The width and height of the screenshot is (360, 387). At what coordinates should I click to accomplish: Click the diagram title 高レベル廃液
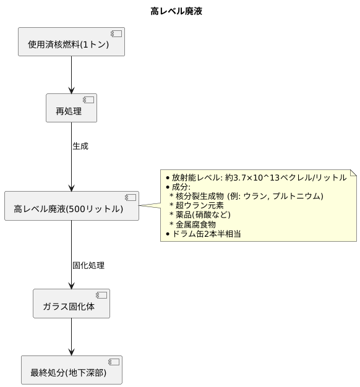pos(176,11)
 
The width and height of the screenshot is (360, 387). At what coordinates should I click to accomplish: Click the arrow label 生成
pos(80,147)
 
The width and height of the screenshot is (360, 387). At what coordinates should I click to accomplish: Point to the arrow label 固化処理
pos(88,265)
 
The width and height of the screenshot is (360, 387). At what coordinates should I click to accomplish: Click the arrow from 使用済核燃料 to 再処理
pos(72,74)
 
